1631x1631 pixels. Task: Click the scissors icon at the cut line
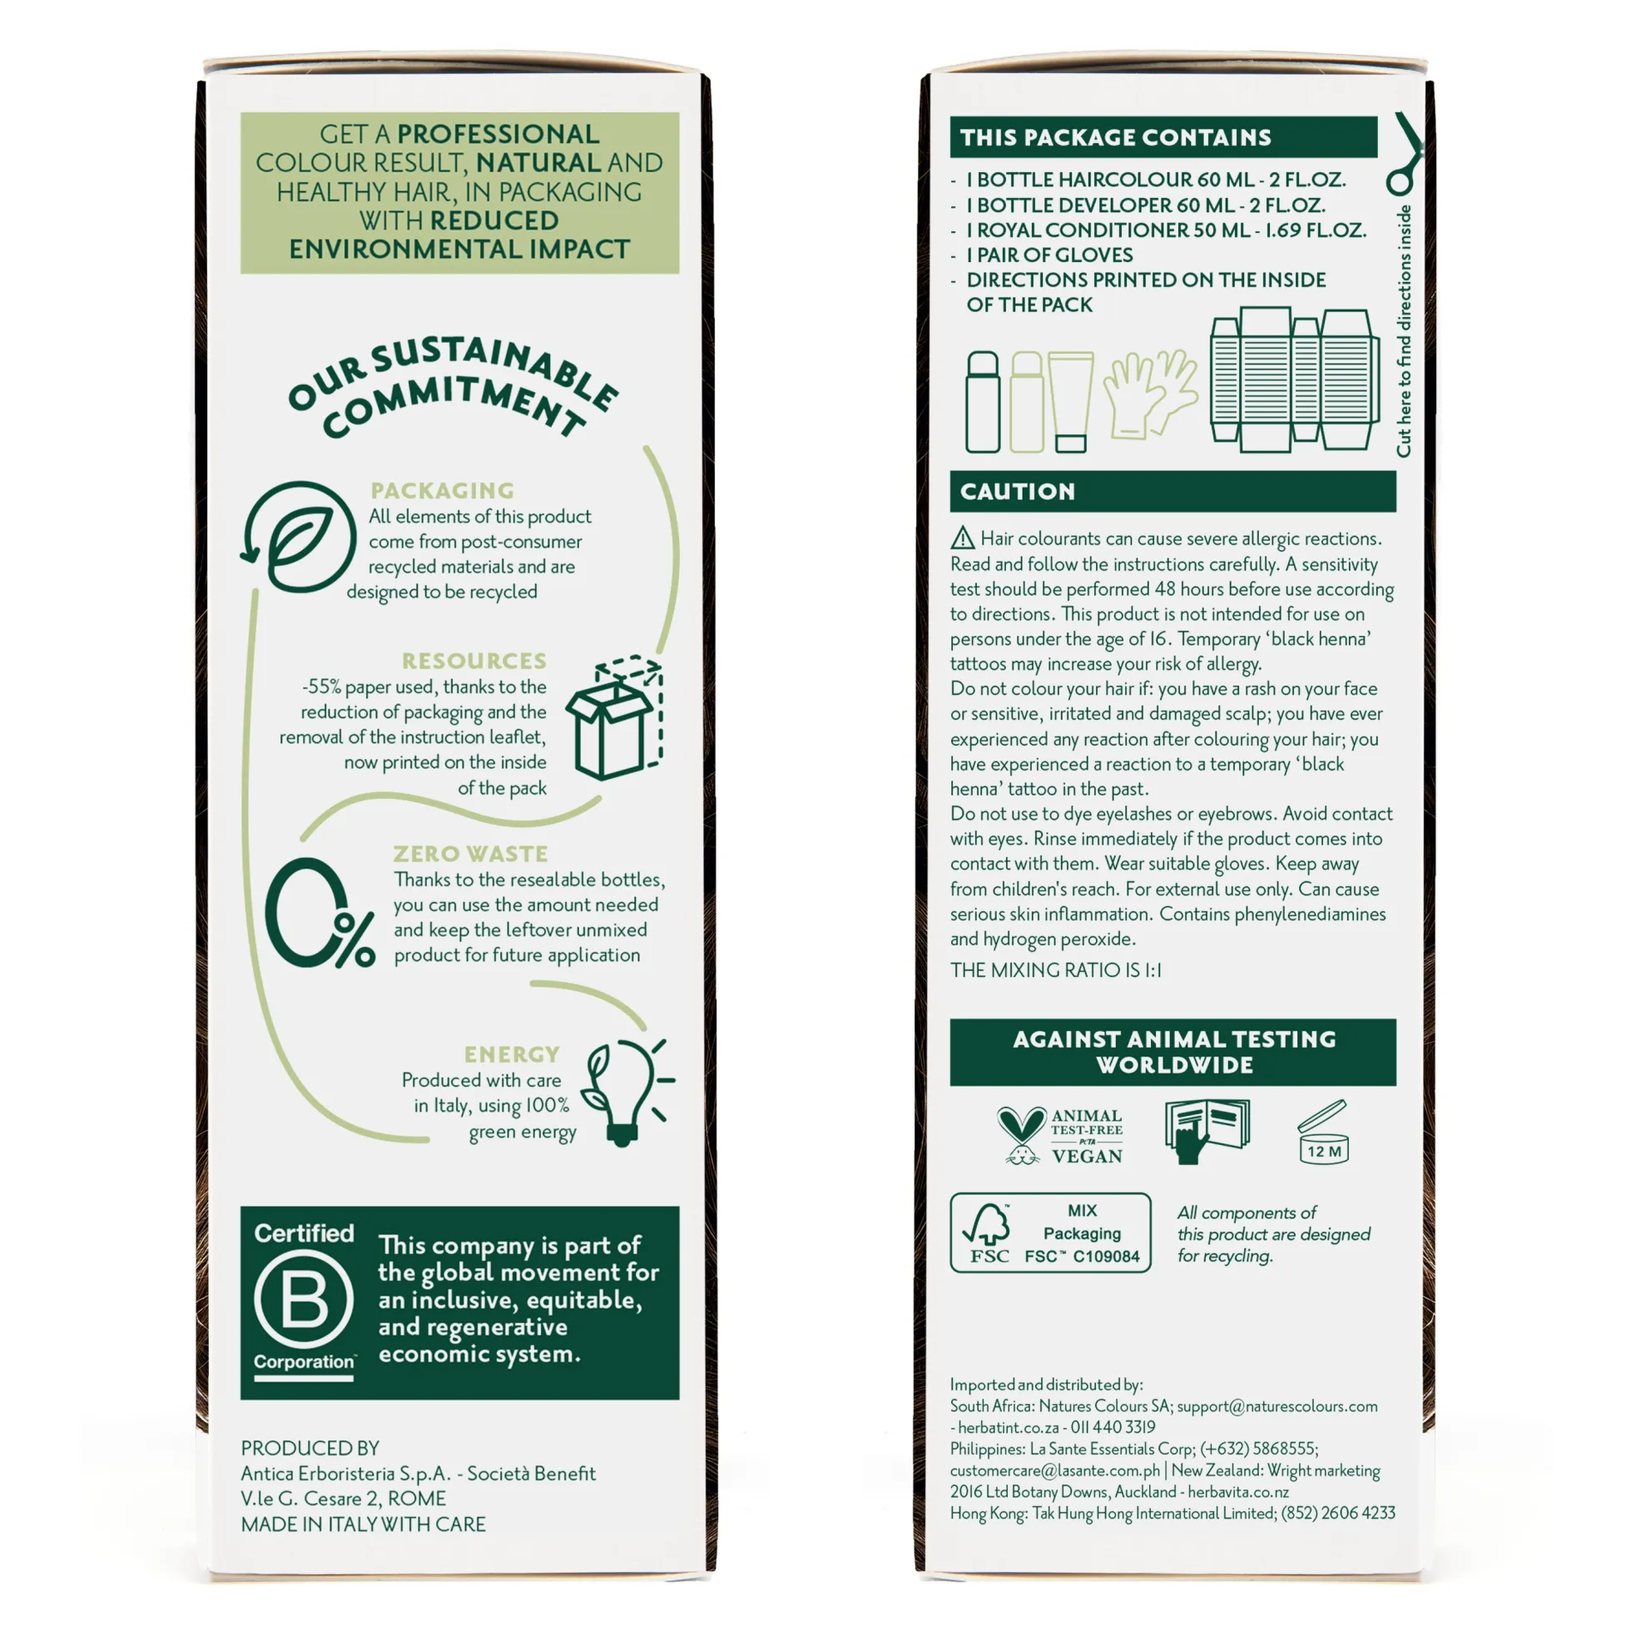pyautogui.click(x=1404, y=155)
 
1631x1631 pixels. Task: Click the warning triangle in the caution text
pyautogui.click(x=963, y=538)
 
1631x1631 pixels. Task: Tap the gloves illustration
pyautogui.click(x=1151, y=394)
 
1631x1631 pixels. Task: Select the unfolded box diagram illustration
pyautogui.click(x=1293, y=380)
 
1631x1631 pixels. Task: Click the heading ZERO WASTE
pyautogui.click(x=471, y=854)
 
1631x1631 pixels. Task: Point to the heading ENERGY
pyautogui.click(x=512, y=1054)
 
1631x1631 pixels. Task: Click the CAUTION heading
pyautogui.click(x=1017, y=491)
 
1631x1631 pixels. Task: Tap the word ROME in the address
pyautogui.click(x=416, y=1499)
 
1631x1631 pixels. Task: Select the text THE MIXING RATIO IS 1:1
pyautogui.click(x=1055, y=970)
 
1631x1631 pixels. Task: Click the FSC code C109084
pyautogui.click(x=1106, y=1257)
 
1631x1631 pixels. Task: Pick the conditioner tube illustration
pyautogui.click(x=1070, y=402)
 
